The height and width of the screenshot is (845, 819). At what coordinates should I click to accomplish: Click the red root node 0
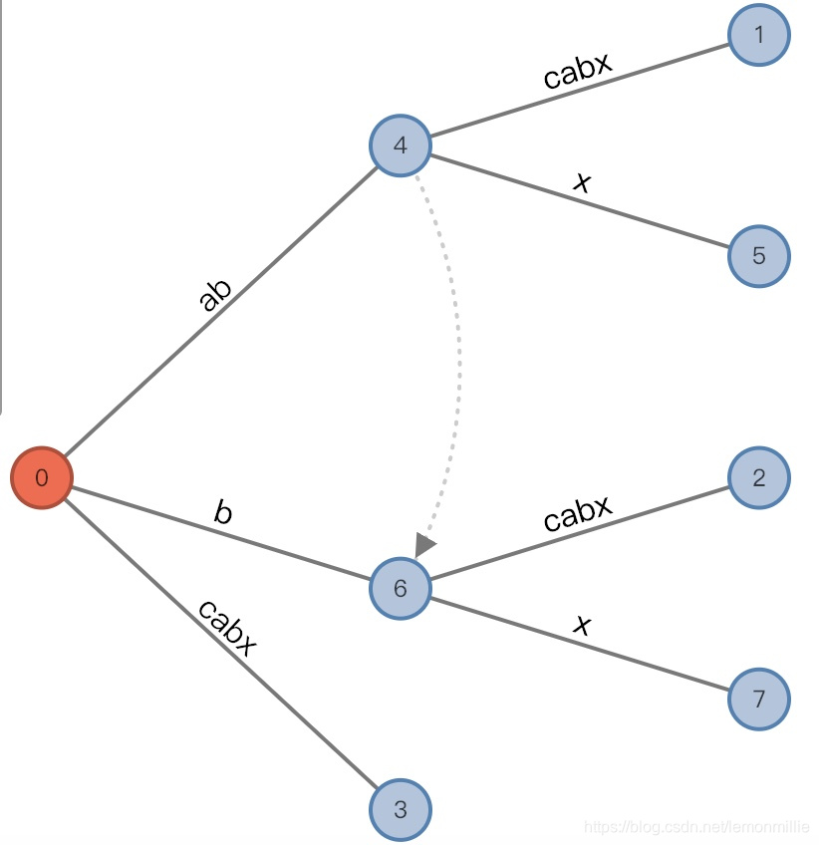click(42, 478)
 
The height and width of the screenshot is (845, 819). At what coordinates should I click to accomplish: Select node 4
click(401, 145)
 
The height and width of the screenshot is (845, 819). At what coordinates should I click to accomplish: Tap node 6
click(401, 588)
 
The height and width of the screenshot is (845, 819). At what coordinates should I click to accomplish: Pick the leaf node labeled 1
click(759, 36)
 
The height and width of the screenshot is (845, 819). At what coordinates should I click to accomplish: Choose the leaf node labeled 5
click(759, 256)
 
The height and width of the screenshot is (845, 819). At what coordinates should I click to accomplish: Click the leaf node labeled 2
click(759, 477)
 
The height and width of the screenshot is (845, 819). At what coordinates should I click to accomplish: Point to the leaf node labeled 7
click(759, 699)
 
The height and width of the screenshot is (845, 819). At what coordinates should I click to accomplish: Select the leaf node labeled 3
click(401, 809)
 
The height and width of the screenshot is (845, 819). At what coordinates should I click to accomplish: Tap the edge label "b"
click(223, 512)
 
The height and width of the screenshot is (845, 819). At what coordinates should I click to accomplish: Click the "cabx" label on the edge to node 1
click(578, 70)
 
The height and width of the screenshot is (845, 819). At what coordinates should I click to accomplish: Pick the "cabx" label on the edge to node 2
click(578, 512)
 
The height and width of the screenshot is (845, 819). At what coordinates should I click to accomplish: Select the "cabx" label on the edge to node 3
click(227, 628)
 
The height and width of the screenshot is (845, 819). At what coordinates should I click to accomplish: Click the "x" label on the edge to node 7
click(583, 625)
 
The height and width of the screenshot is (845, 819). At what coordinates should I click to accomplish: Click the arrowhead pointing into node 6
click(424, 545)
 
